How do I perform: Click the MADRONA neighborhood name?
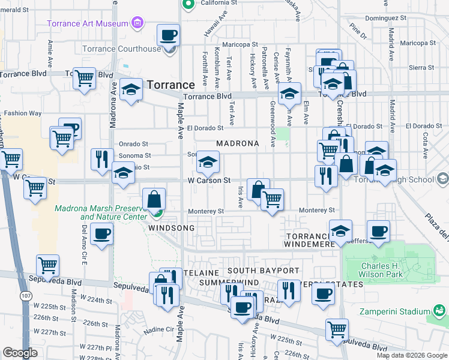point(237,144)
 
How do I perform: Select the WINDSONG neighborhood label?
point(171,229)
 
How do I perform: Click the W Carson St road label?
point(209,180)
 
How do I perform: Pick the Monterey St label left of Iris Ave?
point(205,211)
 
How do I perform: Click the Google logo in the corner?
point(20,353)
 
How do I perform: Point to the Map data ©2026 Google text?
point(412,355)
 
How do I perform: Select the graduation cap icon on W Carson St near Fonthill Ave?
point(208,163)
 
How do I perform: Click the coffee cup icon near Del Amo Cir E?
point(101,233)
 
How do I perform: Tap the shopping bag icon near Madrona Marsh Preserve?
point(154,199)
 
